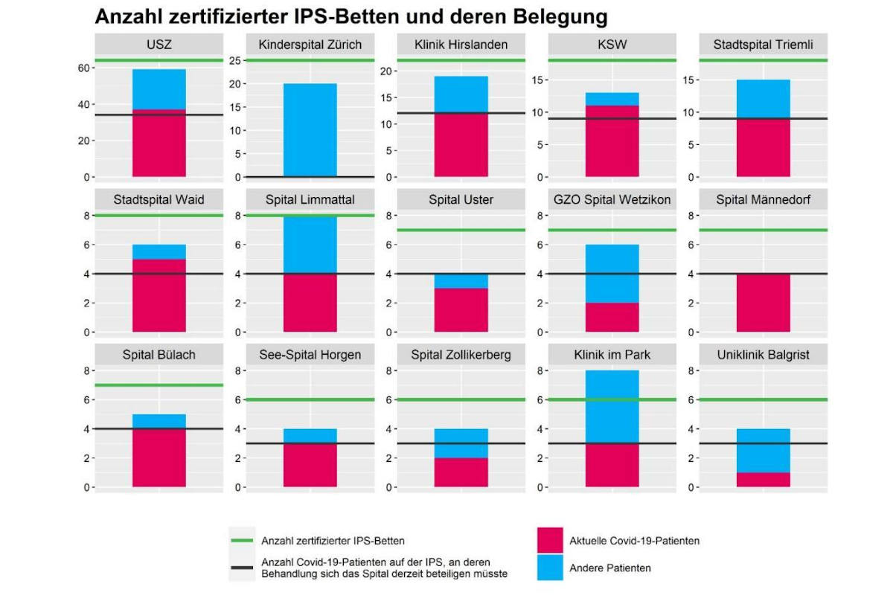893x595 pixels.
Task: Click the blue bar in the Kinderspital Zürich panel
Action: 310,130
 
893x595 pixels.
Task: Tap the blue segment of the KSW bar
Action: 612,99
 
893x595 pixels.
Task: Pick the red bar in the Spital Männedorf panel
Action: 764,303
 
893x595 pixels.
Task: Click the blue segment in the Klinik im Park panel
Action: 612,406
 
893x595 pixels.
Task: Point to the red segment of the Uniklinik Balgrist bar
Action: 764,480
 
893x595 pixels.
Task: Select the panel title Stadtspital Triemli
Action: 764,45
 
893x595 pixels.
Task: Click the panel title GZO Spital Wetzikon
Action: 612,200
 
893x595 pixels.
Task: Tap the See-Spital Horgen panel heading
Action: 310,355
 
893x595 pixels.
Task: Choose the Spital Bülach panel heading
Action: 159,355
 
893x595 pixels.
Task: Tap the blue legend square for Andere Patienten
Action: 549,567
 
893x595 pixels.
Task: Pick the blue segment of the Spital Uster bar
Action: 461,281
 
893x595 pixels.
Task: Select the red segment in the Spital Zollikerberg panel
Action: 461,472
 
